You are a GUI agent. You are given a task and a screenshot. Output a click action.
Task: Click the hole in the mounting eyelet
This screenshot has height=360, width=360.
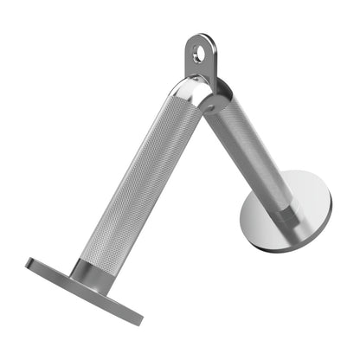click(201, 54)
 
